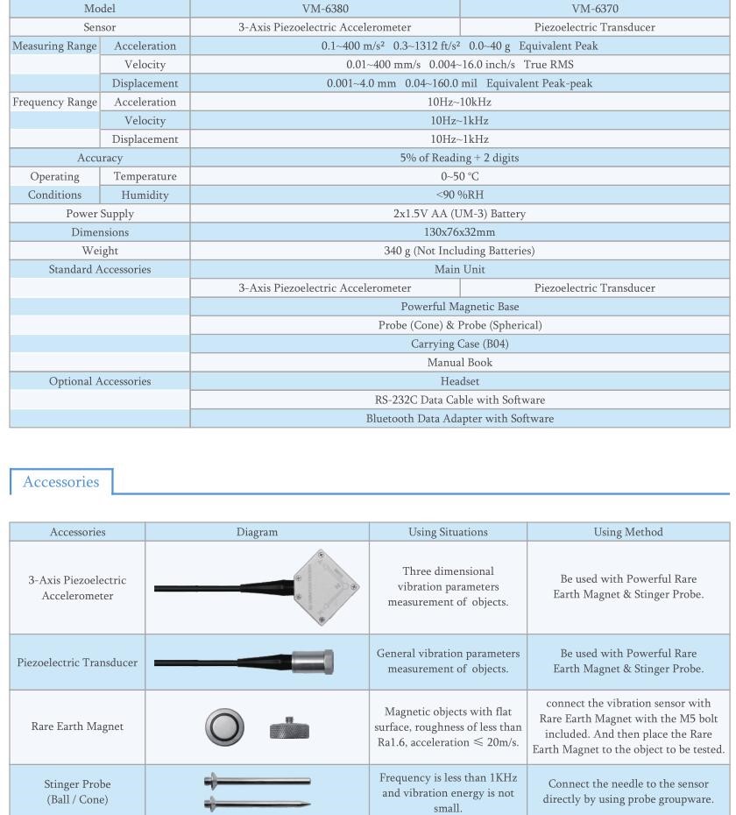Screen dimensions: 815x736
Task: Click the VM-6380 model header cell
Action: point(324,10)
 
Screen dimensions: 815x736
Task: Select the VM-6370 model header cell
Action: point(595,10)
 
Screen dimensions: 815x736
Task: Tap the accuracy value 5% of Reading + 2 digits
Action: point(460,158)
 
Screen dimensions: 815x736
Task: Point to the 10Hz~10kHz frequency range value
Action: point(460,102)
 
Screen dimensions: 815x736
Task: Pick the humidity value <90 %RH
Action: point(460,195)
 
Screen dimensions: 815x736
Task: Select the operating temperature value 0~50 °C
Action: point(460,176)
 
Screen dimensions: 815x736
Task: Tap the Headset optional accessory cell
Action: point(460,381)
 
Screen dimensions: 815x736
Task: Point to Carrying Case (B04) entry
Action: point(460,344)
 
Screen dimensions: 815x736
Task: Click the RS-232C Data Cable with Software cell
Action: point(460,400)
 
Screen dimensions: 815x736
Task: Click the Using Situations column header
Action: point(448,531)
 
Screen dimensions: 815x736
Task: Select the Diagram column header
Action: point(257,531)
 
